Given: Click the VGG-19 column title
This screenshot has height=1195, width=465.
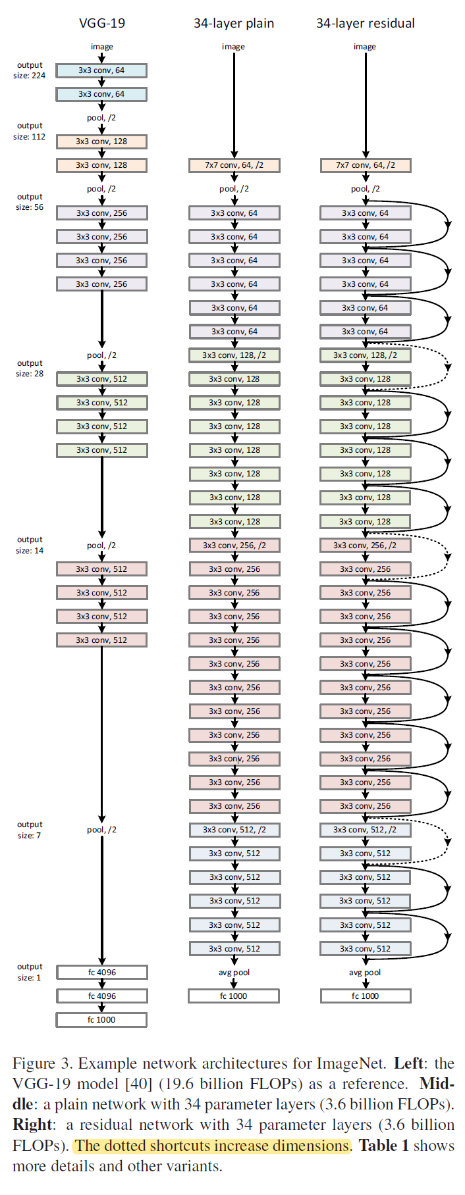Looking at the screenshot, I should (102, 23).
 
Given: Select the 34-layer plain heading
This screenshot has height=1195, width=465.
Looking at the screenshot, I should (234, 23).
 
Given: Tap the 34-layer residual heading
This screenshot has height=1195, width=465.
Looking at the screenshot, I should (366, 23).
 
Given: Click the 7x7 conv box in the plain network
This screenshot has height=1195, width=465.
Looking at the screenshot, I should (234, 165).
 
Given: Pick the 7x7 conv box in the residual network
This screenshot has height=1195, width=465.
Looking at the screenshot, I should (366, 165).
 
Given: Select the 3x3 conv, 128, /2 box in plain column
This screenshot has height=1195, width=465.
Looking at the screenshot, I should (234, 355).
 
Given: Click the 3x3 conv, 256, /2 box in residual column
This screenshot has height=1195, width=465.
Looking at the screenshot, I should (366, 546).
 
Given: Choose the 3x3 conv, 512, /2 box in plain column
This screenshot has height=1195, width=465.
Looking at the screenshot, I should (234, 830).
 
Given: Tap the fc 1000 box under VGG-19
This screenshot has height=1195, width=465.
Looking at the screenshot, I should (101, 1020).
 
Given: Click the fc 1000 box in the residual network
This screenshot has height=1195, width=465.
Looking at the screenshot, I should (366, 996).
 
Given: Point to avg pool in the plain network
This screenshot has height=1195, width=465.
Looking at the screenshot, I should (234, 973).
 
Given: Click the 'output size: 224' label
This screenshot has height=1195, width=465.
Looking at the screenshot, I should (30, 70).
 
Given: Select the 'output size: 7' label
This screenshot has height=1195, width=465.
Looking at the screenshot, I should (30, 830).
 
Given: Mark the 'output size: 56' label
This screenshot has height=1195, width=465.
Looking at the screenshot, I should (30, 202).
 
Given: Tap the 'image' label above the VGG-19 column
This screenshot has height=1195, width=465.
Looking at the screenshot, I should (102, 47).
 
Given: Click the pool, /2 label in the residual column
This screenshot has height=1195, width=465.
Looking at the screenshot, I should (366, 189).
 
